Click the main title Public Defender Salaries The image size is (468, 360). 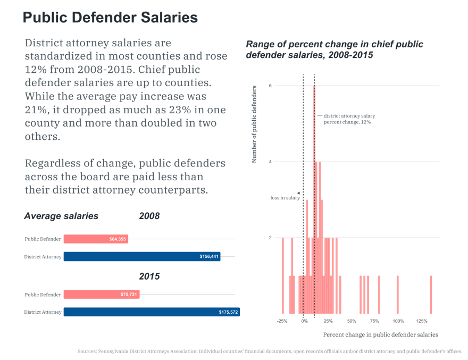tap(110, 18)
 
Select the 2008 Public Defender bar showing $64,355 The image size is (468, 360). tap(96, 239)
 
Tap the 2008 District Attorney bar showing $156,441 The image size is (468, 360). tap(142, 257)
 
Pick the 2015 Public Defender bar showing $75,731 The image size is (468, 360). tap(102, 295)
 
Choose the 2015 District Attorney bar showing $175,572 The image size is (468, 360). tap(152, 312)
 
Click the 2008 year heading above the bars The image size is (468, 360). tap(149, 216)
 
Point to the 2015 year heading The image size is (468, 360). tap(149, 277)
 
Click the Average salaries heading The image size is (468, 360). tap(61, 216)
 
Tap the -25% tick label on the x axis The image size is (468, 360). tap(282, 321)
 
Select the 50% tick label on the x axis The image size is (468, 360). tap(352, 321)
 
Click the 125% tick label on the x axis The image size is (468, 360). tap(422, 321)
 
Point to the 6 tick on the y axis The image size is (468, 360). tap(270, 86)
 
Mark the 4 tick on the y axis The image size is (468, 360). tap(270, 162)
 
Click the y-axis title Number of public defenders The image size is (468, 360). tap(254, 123)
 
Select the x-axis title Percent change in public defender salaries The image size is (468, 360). tap(380, 335)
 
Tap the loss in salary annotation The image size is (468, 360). tap(285, 198)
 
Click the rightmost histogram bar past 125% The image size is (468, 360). tap(431, 295)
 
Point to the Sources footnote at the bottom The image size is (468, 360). tap(270, 351)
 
